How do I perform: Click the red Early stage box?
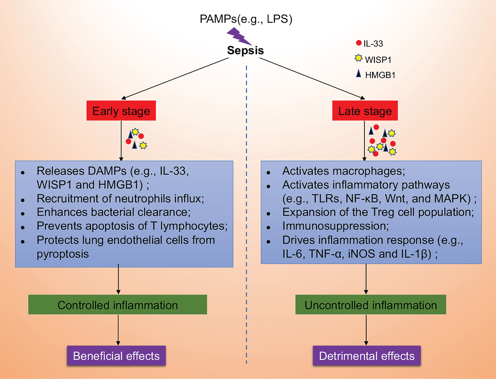point(121,111)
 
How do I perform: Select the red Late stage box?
point(365,111)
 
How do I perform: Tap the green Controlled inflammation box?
point(117,305)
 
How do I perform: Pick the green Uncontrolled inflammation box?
point(371,305)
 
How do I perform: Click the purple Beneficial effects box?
point(116,356)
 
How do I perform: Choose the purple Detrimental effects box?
point(367,356)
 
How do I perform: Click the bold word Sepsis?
point(245,51)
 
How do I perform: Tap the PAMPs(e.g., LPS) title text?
point(246,19)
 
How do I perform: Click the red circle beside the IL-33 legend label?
point(359,43)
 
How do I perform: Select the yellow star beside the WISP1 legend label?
point(358,58)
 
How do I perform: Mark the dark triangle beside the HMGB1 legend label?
point(358,73)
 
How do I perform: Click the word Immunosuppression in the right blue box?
point(335,226)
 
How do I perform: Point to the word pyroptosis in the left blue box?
point(62,254)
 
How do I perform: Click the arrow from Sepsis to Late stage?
point(312,78)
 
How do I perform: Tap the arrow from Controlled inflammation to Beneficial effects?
point(118,330)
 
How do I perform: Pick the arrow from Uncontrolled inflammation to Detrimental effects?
point(366,330)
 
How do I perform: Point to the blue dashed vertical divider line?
point(246,215)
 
